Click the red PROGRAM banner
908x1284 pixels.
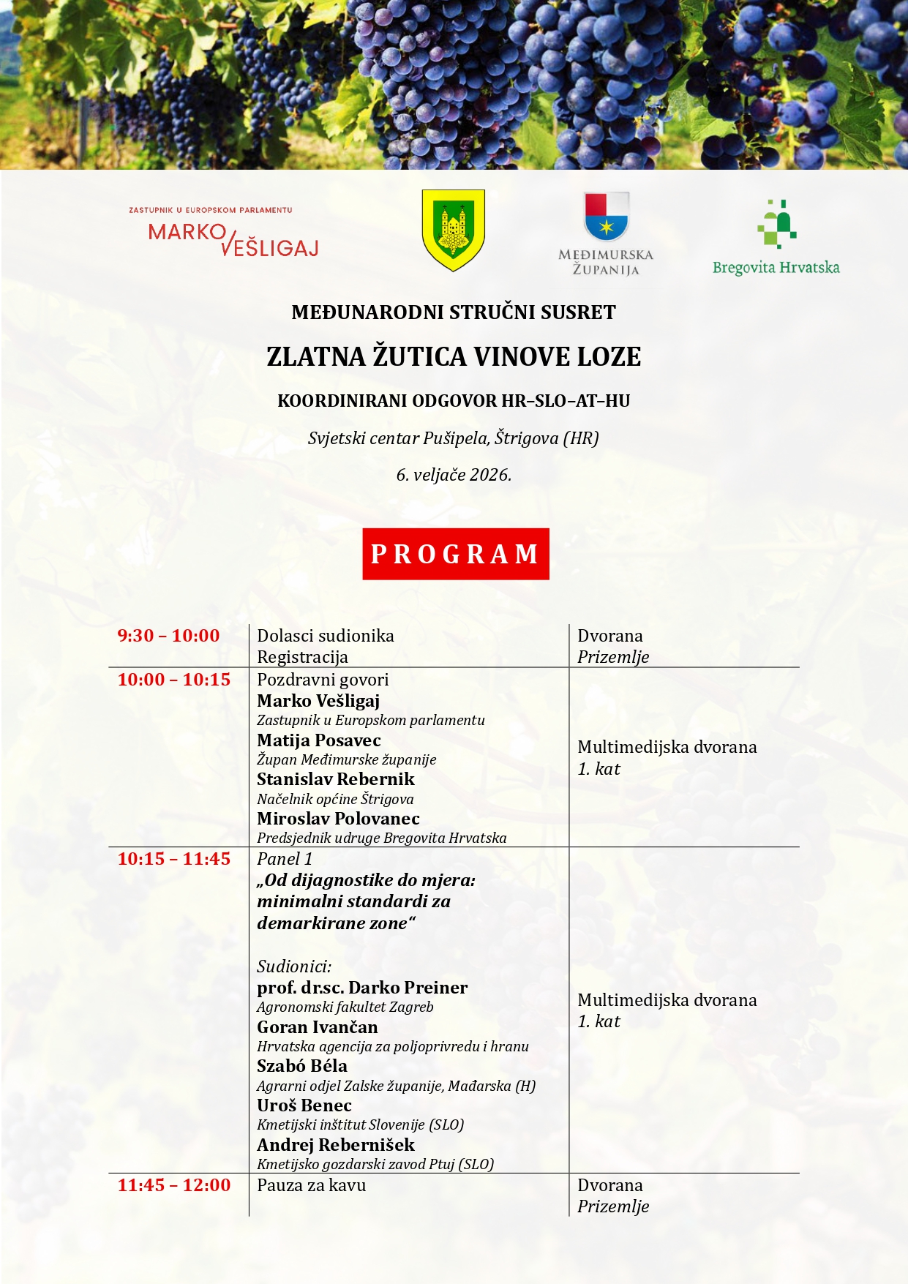455,554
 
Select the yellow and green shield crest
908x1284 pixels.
454,230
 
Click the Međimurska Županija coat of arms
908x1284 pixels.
606,217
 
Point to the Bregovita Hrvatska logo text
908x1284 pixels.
776,268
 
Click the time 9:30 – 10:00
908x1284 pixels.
168,636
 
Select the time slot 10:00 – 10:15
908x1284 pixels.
173,680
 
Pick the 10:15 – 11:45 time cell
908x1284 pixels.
173,859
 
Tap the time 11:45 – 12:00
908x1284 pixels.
173,1185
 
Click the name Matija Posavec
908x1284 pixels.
318,740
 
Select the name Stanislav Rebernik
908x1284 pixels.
335,779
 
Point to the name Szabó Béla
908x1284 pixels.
301,1066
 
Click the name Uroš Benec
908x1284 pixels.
304,1105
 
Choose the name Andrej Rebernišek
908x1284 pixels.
335,1145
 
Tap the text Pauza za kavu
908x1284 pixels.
311,1185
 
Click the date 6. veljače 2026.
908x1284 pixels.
454,475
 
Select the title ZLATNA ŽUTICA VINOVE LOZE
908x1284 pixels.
454,357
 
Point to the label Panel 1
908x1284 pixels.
284,859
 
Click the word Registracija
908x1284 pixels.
302,657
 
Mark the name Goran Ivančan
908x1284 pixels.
317,1027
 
